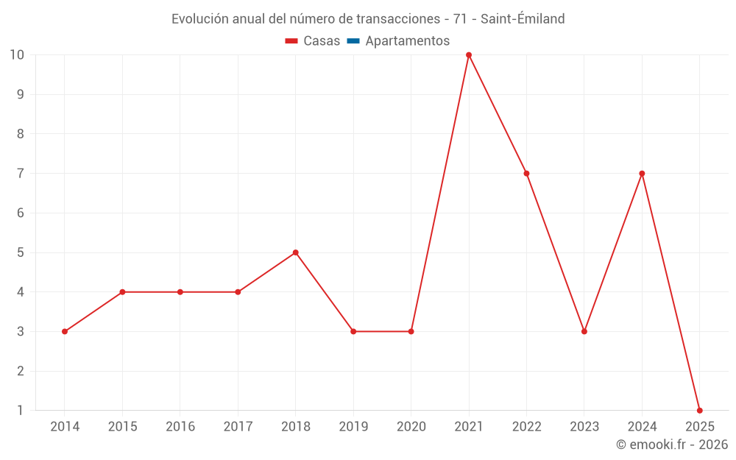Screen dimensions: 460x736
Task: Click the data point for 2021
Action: (x=469, y=55)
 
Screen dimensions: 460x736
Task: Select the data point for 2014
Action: (x=65, y=331)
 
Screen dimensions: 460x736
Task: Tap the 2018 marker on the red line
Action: (x=296, y=252)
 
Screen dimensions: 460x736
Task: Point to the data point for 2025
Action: (x=699, y=410)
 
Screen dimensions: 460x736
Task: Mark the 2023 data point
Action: (x=584, y=331)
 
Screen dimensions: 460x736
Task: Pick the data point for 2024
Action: (x=642, y=174)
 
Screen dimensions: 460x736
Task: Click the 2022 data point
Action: (x=526, y=174)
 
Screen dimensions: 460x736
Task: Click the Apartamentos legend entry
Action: (x=407, y=41)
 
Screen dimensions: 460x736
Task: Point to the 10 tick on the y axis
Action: (x=17, y=55)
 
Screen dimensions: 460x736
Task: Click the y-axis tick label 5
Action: (x=21, y=252)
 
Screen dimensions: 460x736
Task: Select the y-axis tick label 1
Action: (x=21, y=410)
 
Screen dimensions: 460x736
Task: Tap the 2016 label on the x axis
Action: (x=180, y=427)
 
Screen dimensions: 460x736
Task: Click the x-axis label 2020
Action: (x=411, y=427)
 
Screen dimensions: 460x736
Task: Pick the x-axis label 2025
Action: (x=699, y=427)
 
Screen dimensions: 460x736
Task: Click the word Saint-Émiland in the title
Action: (x=523, y=19)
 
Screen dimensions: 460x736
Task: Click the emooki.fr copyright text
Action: (x=672, y=445)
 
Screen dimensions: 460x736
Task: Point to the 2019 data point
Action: (x=353, y=331)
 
